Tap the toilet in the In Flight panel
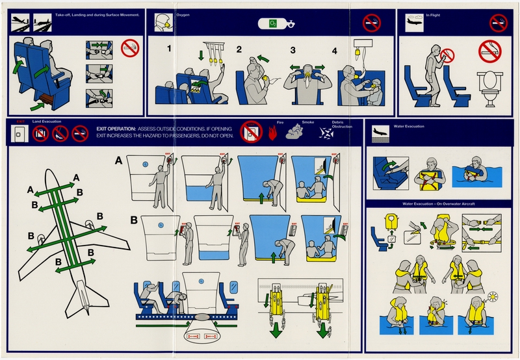(x=487, y=86)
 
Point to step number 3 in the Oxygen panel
(x=292, y=50)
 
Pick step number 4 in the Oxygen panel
(x=335, y=50)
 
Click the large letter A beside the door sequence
(x=118, y=159)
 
